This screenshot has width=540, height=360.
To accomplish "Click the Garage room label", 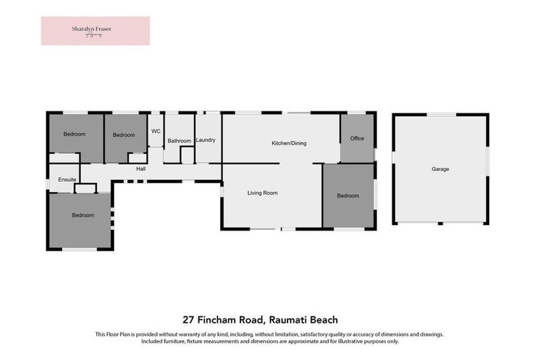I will (x=440, y=169).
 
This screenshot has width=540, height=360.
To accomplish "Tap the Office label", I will (x=357, y=139).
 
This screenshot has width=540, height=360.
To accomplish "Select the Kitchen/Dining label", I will (x=289, y=143).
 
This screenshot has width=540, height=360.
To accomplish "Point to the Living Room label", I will (x=262, y=193).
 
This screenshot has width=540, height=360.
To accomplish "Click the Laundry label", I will (x=206, y=140).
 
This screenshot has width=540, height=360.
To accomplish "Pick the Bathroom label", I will (x=179, y=141).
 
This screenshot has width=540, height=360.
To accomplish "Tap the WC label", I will (x=155, y=131).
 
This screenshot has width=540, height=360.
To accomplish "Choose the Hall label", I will (x=141, y=169).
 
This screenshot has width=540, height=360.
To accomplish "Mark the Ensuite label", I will (x=67, y=180).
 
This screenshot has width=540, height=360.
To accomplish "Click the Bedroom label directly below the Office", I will (x=347, y=195).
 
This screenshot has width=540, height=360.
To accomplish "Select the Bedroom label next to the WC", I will (x=124, y=135).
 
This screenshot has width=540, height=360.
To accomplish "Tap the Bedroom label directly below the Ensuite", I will (x=83, y=215).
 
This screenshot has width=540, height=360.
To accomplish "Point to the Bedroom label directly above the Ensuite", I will (x=75, y=134).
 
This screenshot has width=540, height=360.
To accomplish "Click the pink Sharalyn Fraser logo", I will (x=95, y=31).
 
